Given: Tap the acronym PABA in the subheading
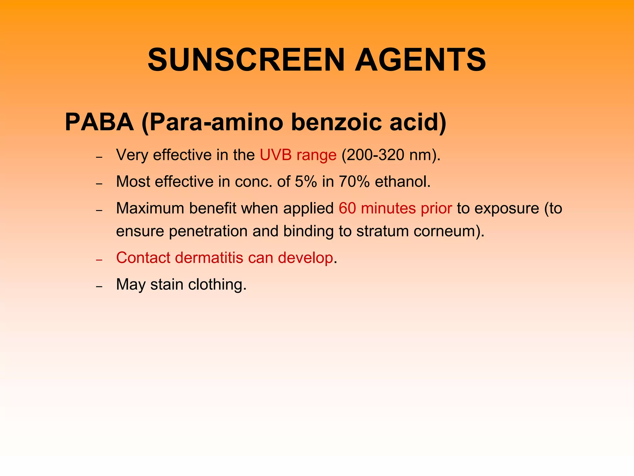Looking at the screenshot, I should click(99, 122).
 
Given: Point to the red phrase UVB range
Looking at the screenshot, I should click(298, 155).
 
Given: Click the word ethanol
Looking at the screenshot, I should click(402, 182).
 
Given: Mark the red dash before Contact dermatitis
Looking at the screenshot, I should click(99, 260).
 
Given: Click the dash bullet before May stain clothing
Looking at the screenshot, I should click(99, 286).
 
